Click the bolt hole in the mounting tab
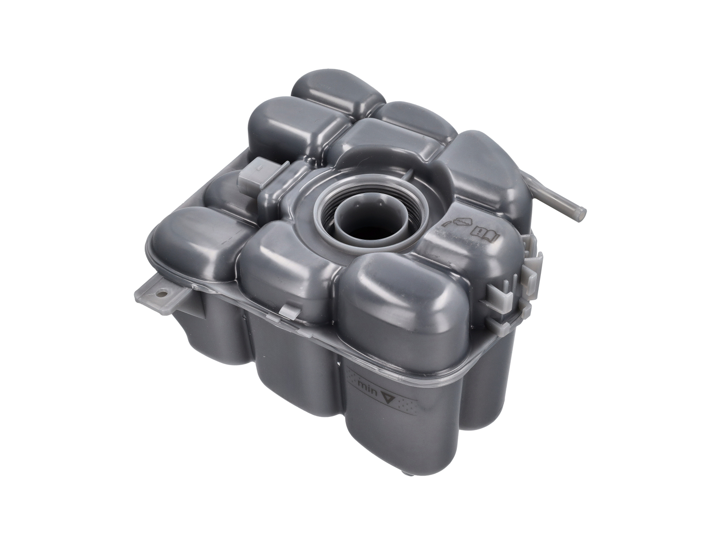(x=162, y=293)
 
